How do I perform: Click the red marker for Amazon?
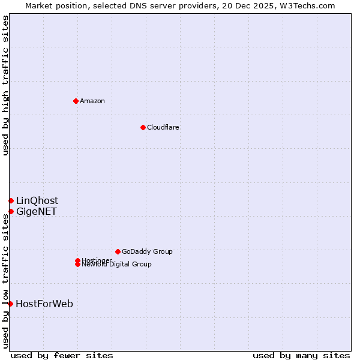point(76,101)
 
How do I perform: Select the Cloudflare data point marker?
point(143,127)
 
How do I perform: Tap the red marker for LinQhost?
point(11,200)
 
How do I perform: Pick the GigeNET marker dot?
point(11,211)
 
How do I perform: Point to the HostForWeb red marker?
point(11,304)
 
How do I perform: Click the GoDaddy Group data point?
point(118,251)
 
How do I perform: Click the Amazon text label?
point(92,101)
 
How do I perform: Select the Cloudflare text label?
point(163,127)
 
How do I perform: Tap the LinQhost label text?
point(37,200)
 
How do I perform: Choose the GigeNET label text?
point(36,211)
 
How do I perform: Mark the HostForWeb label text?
point(44,304)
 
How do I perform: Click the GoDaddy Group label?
point(147,251)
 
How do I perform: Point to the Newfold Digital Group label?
point(116,264)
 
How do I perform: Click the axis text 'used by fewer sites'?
point(62,355)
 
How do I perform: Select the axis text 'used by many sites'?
point(301,355)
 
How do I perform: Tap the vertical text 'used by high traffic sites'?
point(5,85)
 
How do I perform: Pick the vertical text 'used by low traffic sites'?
point(5,279)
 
